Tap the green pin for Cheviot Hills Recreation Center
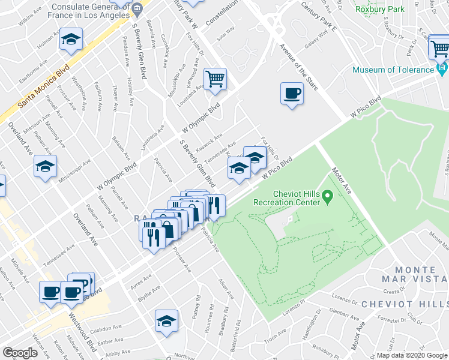tap(328, 196)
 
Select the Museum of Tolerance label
tap(393, 70)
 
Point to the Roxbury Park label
tap(379, 9)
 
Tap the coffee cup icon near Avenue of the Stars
tap(292, 94)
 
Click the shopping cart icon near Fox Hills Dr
tap(215, 79)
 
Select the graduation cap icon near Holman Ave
tap(71, 40)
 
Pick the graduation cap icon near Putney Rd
tap(166, 321)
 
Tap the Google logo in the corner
tap(20, 353)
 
